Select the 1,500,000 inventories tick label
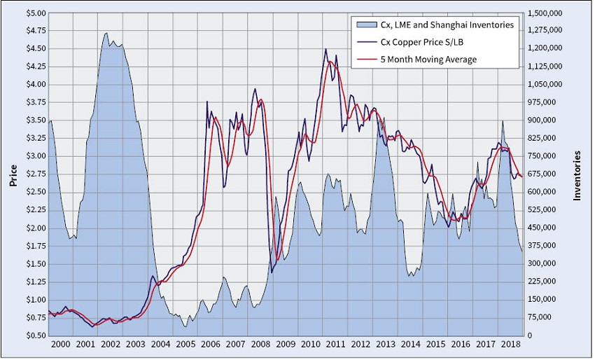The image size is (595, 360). tap(545, 13)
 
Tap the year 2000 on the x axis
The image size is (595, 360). tap(60, 345)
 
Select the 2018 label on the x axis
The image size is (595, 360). tap(510, 345)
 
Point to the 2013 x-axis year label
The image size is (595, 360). tap(386, 345)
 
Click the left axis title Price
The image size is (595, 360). tap(13, 174)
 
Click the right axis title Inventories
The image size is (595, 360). tap(577, 174)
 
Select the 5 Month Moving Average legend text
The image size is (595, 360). tap(428, 60)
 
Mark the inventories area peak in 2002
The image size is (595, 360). tap(106, 33)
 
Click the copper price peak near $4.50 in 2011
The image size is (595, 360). tap(325, 49)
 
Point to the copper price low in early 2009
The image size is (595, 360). tap(272, 272)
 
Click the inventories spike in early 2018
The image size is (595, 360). tap(502, 120)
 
